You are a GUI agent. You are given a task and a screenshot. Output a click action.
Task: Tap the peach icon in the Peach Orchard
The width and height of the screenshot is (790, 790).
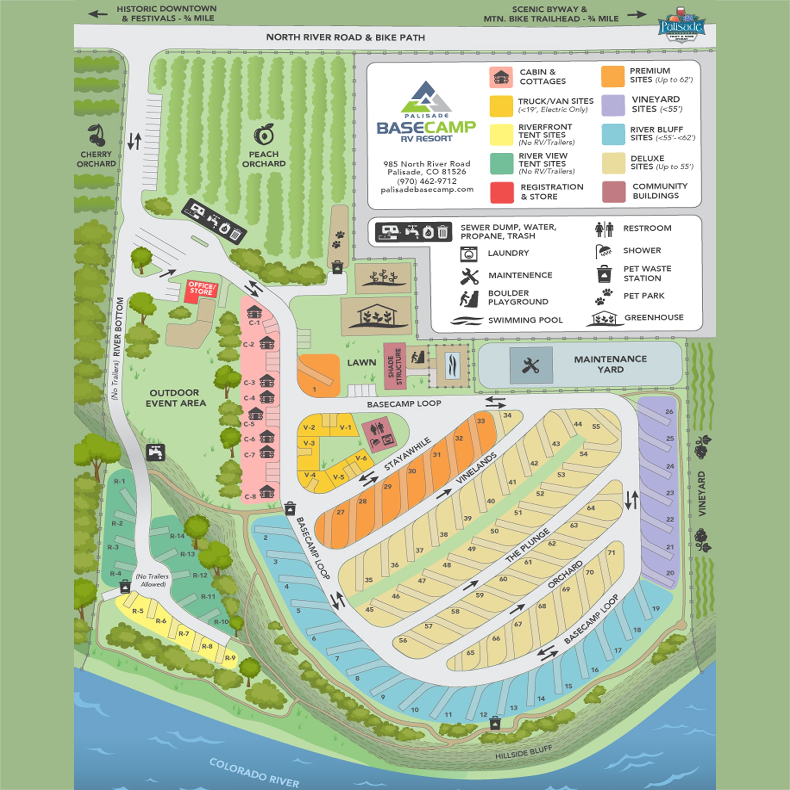point(264,135)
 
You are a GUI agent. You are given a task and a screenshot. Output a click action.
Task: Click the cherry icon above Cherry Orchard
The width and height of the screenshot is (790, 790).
point(96,135)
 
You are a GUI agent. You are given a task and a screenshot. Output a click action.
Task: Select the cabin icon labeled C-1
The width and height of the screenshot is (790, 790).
point(254,312)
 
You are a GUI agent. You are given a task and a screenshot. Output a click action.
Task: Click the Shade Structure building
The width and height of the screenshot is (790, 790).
point(395,366)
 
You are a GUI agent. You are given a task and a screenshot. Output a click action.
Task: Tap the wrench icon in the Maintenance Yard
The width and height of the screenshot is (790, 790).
point(531,365)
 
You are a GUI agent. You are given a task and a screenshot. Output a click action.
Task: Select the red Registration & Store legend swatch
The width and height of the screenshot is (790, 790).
point(502,192)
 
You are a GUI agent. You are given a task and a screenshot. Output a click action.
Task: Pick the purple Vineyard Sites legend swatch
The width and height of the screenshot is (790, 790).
point(613,105)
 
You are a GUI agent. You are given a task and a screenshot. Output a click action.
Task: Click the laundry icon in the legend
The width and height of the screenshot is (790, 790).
point(469,253)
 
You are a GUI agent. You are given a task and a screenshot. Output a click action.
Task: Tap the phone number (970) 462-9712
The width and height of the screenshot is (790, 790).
point(427,181)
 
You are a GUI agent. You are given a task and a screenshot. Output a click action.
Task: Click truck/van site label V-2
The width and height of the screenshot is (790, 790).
point(309,428)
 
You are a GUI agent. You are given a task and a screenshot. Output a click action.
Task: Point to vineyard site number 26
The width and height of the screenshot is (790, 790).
point(669,411)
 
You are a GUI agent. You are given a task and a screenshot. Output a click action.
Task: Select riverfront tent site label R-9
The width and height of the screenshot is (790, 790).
point(230,658)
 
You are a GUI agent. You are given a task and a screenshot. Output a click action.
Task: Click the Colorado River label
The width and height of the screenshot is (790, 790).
point(254,772)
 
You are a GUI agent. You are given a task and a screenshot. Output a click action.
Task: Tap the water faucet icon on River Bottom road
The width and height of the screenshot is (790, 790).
point(156,452)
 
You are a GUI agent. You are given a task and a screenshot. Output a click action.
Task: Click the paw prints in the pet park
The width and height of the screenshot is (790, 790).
point(338,240)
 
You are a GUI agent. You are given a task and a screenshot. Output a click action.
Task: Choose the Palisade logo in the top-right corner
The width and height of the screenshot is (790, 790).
point(681,25)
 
